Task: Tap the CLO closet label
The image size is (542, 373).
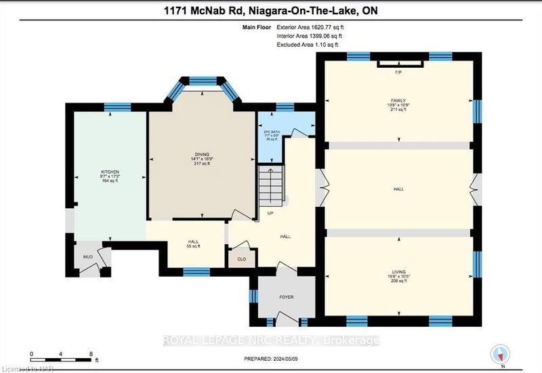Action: point(241,258)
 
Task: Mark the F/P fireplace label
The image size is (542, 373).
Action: point(399,73)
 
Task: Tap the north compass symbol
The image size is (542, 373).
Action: point(500,353)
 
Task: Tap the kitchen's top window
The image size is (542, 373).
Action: point(112,107)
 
